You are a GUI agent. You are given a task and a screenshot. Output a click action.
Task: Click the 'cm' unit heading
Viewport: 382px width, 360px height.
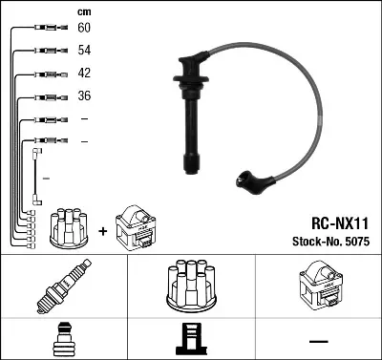tap(83, 11)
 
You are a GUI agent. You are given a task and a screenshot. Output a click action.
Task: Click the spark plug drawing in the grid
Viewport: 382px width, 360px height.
tap(63, 289)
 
